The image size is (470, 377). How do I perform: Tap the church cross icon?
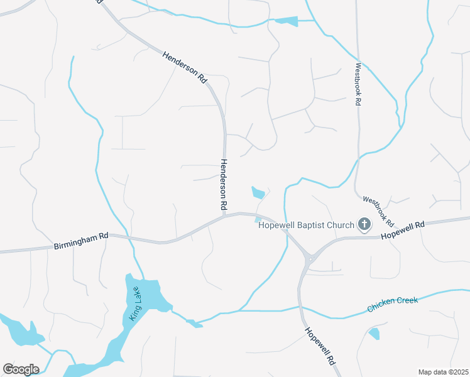pos(364,224)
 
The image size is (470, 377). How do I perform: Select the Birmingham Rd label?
pos(81,240)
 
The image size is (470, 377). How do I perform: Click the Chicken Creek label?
pos(393,304)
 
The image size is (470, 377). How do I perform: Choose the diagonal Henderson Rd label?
pos(185,67)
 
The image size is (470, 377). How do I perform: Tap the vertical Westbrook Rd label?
pos(358,84)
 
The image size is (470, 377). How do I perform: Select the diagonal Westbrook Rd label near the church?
pos(378,211)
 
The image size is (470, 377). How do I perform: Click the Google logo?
pos(21,369)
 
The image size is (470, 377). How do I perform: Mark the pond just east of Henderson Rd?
pos(258,192)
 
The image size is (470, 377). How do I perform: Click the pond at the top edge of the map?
pos(287,21)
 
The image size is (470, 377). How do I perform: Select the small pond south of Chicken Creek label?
pos(374,334)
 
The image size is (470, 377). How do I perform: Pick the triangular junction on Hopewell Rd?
pos(309,258)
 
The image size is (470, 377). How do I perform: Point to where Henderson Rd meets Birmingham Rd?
pos(224,217)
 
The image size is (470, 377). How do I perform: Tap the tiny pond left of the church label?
pos(258,219)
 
